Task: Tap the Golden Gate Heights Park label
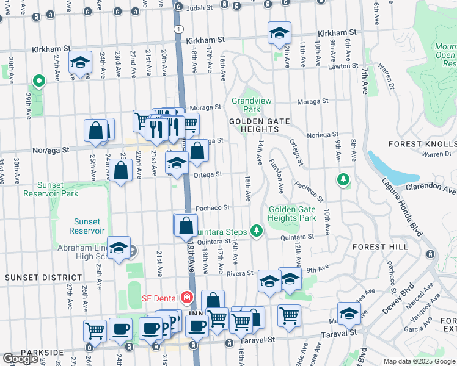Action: point(291,213)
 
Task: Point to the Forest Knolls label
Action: point(422,144)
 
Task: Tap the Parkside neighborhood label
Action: point(41,353)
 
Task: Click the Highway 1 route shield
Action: point(178,29)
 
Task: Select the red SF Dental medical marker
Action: point(186,298)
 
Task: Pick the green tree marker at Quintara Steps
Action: point(257,231)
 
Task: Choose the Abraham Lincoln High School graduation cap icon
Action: point(119,247)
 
